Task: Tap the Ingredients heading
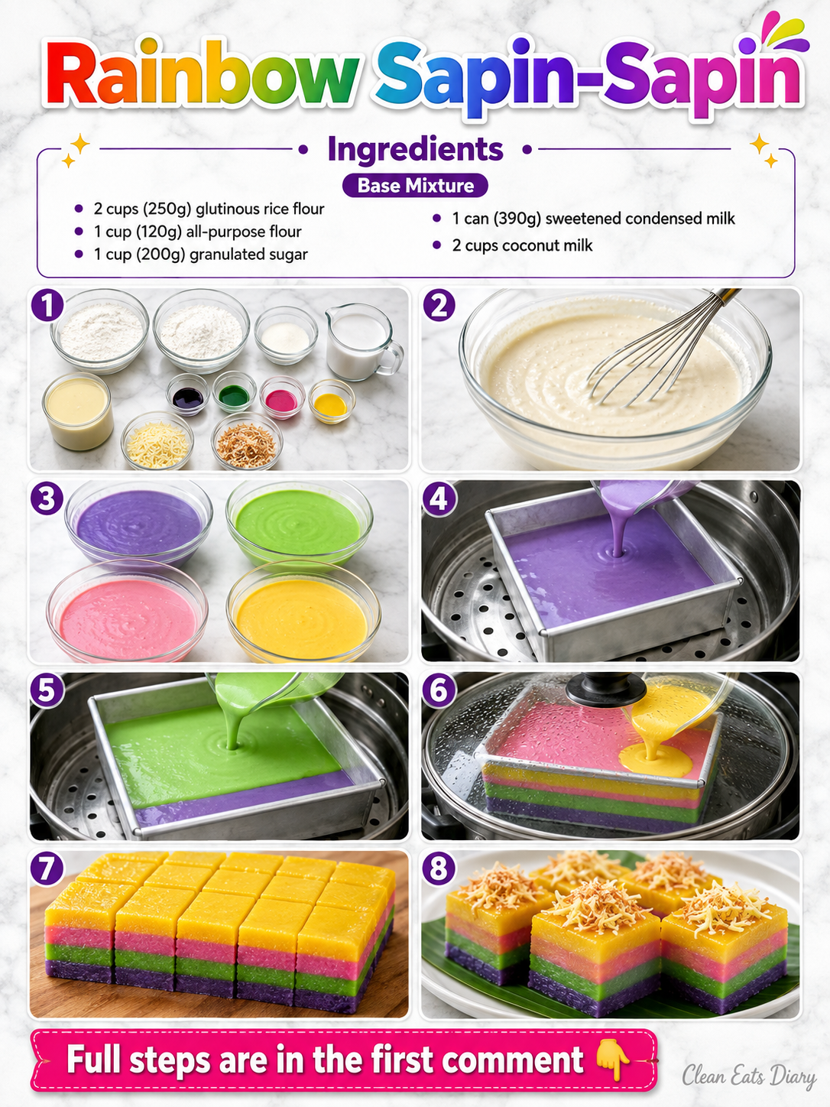(415, 149)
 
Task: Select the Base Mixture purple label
(415, 186)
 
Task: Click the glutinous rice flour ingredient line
(209, 208)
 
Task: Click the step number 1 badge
(47, 305)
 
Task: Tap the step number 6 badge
(439, 689)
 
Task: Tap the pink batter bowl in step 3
(128, 611)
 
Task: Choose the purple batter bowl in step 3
(138, 522)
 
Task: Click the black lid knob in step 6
(606, 689)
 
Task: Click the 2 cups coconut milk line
(522, 245)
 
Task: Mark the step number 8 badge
(439, 868)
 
